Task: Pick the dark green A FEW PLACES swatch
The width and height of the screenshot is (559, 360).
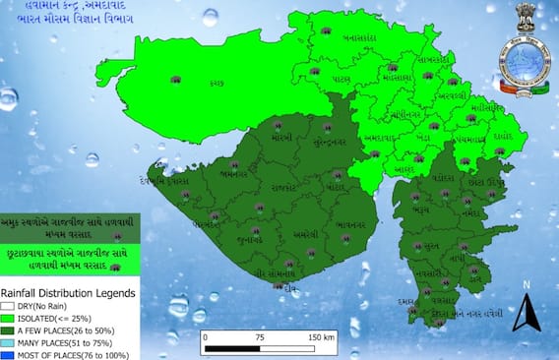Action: pos(8,331)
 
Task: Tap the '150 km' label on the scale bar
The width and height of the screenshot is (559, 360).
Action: pos(321,336)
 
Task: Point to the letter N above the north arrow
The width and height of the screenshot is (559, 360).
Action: pos(526,285)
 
